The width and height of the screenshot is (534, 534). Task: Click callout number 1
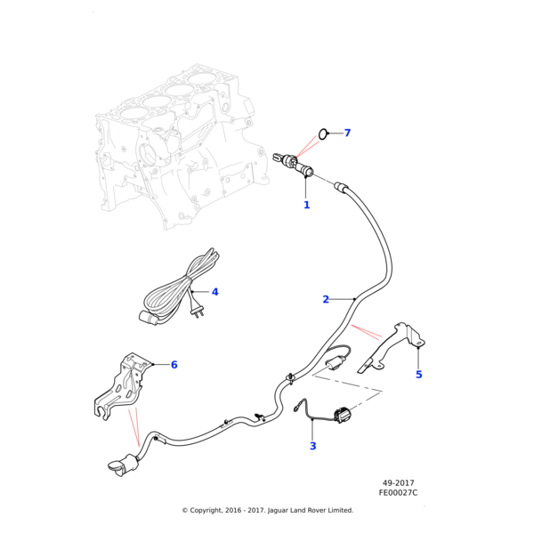(306, 205)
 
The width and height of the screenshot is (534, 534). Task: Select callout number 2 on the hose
(326, 299)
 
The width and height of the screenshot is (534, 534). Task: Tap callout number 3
(312, 446)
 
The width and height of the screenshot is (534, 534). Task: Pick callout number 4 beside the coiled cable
(214, 292)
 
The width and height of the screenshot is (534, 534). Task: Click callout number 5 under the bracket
(418, 375)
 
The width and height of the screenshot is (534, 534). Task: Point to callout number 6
(174, 365)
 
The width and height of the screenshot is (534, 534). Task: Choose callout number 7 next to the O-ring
(347, 133)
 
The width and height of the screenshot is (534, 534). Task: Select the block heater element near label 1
(293, 165)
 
